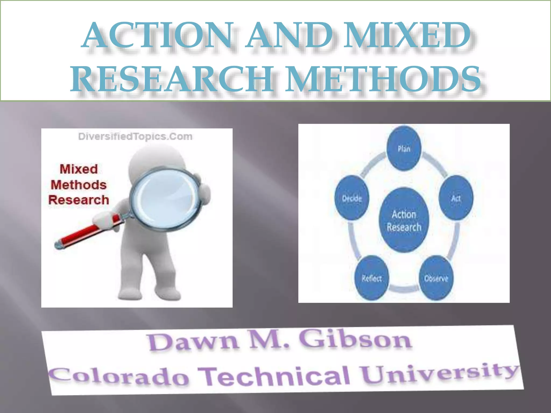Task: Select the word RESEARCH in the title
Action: point(172,79)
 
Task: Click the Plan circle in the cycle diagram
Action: point(404,149)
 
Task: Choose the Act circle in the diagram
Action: point(456,198)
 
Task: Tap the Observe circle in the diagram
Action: point(436,278)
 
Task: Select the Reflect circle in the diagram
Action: point(372,278)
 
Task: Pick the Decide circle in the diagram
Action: point(352,198)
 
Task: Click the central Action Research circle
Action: point(404,220)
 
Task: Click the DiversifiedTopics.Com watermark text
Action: point(135,137)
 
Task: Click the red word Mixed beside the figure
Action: point(79,169)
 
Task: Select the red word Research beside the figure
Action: point(79,200)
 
